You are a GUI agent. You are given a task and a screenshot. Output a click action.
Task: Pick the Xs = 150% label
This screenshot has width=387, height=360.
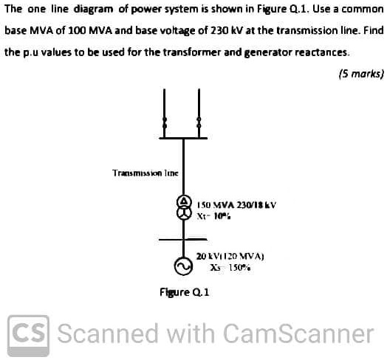coord(230,268)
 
